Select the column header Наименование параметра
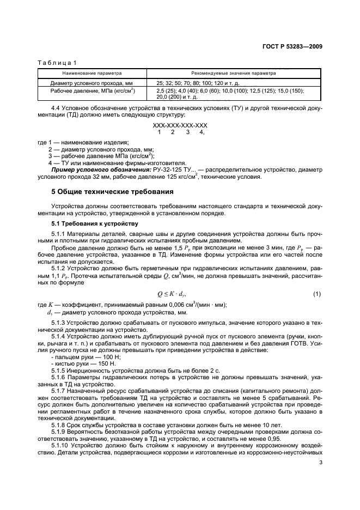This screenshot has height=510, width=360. [x=92, y=72]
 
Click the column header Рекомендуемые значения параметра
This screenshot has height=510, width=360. [x=234, y=72]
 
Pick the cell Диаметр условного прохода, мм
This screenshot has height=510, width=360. [x=84, y=82]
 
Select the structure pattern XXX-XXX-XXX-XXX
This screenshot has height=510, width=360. [x=180, y=125]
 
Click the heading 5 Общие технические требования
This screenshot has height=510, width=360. [x=112, y=192]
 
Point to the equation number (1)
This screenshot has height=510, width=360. [x=317, y=295]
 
